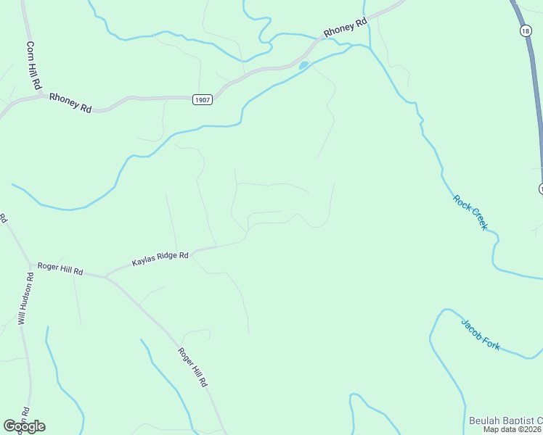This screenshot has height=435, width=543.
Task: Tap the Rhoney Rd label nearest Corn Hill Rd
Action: tap(70, 103)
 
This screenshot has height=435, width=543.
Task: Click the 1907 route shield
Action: tap(203, 100)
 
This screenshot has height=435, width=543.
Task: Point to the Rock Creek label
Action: tap(470, 212)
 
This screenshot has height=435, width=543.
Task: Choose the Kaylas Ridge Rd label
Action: tap(160, 259)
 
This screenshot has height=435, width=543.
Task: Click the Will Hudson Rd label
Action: tap(26, 298)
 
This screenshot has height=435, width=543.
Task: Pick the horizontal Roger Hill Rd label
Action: tap(60, 269)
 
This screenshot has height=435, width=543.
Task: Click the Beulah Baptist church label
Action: tap(505, 420)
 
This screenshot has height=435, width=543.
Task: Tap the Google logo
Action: tap(24, 426)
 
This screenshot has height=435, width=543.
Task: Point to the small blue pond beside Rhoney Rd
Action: tap(303, 66)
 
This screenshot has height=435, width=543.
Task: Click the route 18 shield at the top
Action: tap(525, 30)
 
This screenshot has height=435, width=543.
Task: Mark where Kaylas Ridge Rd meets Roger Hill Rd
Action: tap(106, 277)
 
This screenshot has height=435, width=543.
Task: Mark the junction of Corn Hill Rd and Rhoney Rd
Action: tap(38, 95)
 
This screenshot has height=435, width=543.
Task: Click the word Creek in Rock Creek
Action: tap(477, 219)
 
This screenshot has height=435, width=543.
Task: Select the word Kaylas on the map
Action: tap(144, 261)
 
